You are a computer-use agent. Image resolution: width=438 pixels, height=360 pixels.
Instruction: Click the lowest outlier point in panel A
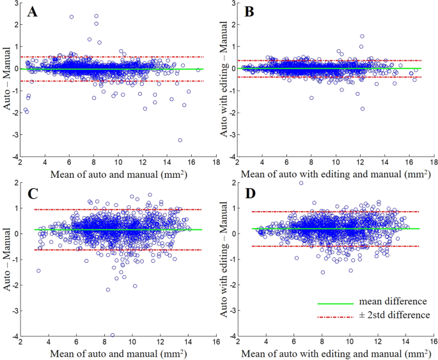point(180,140)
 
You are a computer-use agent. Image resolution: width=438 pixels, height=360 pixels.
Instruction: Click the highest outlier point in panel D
point(301,183)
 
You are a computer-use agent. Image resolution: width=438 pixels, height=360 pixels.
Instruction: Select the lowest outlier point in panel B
point(363,109)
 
